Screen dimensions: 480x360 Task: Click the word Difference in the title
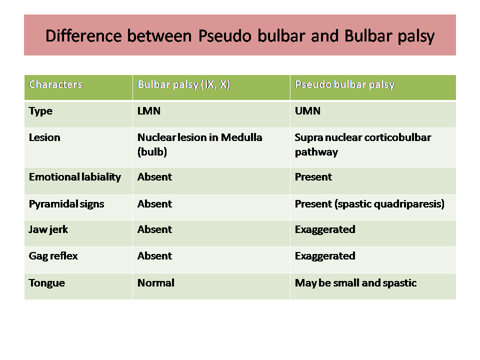tap(83, 35)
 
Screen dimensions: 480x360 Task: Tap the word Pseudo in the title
tap(224, 35)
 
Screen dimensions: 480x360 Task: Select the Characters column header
tap(55, 84)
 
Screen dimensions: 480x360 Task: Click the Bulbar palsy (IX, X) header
tap(183, 84)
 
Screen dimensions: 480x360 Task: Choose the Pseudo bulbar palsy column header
tap(344, 85)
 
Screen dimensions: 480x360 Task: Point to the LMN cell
tap(149, 111)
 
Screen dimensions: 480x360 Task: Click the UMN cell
tap(307, 111)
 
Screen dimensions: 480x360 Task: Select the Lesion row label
tap(44, 137)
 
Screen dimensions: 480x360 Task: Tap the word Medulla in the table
tap(241, 137)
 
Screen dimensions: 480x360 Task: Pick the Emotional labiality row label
tap(74, 177)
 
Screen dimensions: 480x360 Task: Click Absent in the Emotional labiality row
tap(154, 177)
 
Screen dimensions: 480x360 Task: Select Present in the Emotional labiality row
tap(313, 177)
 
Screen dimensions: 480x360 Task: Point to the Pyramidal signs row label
tap(66, 204)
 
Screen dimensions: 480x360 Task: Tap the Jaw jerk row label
tap(48, 229)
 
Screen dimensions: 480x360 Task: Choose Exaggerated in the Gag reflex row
tap(325, 256)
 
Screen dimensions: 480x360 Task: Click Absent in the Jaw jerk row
tap(154, 229)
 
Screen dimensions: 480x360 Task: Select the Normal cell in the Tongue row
tap(156, 283)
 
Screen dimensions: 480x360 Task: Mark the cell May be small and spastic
tap(355, 283)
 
